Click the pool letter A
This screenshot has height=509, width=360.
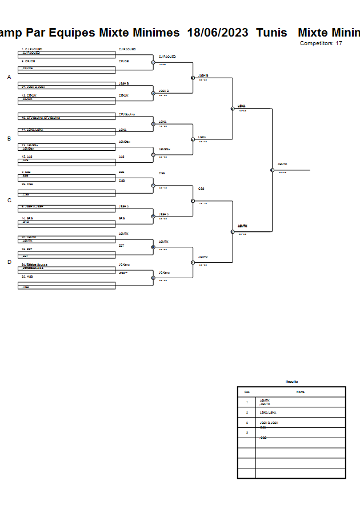pos(9,77)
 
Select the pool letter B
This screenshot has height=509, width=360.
pos(9,138)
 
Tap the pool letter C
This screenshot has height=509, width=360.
pos(9,201)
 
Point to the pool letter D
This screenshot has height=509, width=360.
pos(9,262)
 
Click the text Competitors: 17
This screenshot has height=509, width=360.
pos(321,43)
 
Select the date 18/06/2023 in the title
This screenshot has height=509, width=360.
pos(218,33)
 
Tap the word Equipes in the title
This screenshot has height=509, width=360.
pos(71,33)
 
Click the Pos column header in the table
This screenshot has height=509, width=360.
pos(246,392)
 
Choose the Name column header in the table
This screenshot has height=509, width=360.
pos(300,392)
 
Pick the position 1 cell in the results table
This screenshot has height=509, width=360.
pos(246,402)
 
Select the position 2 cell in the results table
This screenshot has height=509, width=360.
pos(246,412)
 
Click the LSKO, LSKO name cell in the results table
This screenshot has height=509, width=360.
pos(268,412)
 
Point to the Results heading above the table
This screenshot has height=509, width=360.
pos(291,382)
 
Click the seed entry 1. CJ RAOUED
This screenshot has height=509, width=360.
pos(31,49)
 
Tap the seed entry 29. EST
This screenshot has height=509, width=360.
pos(27,249)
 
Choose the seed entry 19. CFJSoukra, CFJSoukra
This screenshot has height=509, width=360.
pos(40,118)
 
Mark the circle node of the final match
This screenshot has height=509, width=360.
pos(272,170)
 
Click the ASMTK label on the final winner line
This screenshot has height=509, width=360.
pos(282,164)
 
